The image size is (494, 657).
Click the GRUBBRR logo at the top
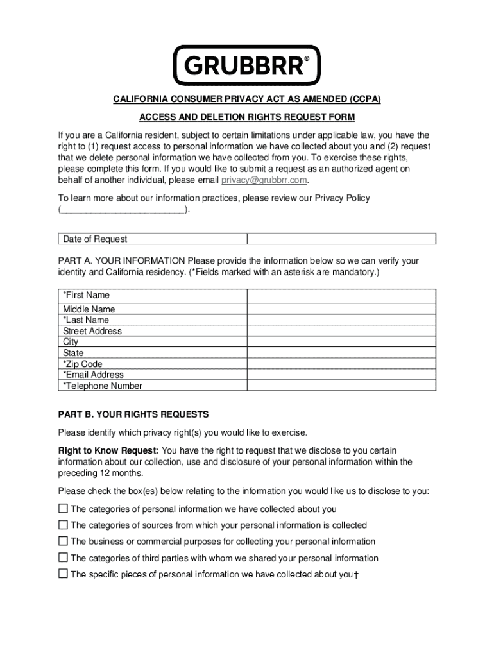point(246,65)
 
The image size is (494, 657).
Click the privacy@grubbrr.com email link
point(264,180)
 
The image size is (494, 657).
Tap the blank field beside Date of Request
point(341,239)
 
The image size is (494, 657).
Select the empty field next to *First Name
point(341,296)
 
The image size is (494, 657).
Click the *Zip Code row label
point(83,364)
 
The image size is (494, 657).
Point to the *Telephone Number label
point(103,386)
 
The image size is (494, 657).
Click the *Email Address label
point(93,375)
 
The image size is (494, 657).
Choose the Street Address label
point(92,332)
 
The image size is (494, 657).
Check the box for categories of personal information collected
point(63,509)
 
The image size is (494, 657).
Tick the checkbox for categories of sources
point(63,525)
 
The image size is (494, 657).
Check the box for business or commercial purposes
point(63,542)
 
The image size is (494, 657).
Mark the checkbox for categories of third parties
point(63,558)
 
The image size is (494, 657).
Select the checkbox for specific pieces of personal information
point(63,574)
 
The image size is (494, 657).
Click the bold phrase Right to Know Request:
point(109,450)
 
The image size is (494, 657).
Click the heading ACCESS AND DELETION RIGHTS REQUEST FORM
point(247,117)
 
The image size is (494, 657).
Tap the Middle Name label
point(89,309)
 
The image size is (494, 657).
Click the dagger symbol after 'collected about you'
point(356,575)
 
